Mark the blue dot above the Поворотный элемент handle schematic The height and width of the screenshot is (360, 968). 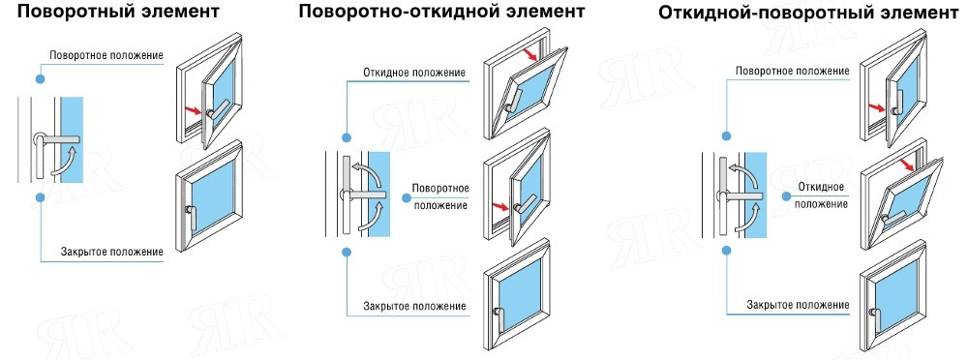click(x=40, y=76)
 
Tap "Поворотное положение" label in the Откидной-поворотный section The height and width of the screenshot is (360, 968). click(x=793, y=71)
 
